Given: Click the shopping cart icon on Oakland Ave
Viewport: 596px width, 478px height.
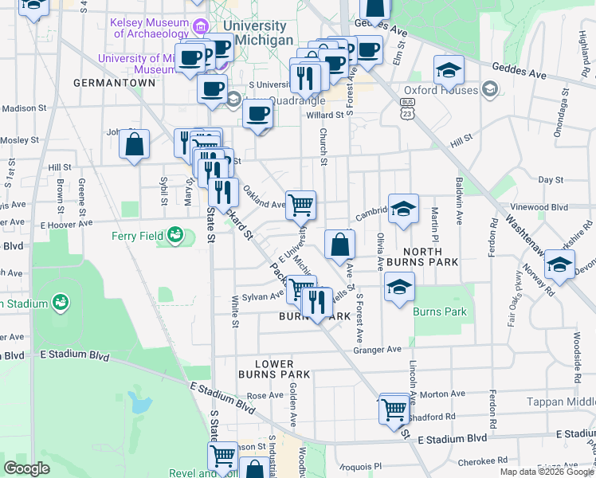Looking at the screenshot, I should click(300, 205).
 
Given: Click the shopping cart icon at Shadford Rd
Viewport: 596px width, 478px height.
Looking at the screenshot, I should click(394, 409).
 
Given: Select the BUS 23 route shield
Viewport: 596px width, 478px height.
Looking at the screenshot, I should click(408, 108).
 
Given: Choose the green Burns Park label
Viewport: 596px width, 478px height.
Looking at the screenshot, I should click(440, 311).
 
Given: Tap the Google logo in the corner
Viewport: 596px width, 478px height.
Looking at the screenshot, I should click(26, 468).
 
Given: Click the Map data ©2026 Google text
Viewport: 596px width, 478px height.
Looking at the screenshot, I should click(547, 472).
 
